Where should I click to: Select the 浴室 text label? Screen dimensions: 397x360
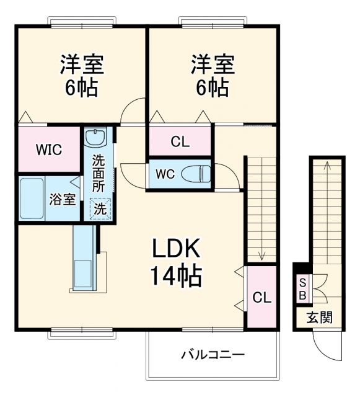point(63,199)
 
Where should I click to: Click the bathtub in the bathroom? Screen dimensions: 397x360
point(32,199)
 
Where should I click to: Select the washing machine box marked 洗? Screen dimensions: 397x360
point(99,209)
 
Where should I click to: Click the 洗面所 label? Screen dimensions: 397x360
point(99,172)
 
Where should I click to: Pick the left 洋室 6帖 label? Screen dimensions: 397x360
point(81,75)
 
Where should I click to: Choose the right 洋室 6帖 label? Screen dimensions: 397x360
point(211,75)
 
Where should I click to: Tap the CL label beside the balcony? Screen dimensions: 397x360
point(261,297)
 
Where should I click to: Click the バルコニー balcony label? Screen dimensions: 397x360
point(213,355)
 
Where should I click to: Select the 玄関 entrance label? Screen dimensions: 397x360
point(320,318)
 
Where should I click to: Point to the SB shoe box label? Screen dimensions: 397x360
point(302,290)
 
